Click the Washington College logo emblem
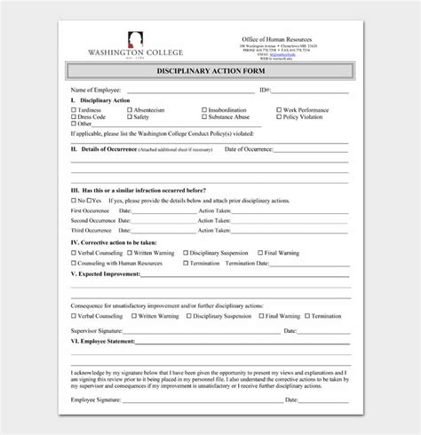click(134, 37)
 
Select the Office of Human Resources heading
click(278, 40)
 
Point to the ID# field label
click(265, 91)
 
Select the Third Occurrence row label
click(94, 230)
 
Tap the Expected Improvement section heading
click(107, 274)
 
